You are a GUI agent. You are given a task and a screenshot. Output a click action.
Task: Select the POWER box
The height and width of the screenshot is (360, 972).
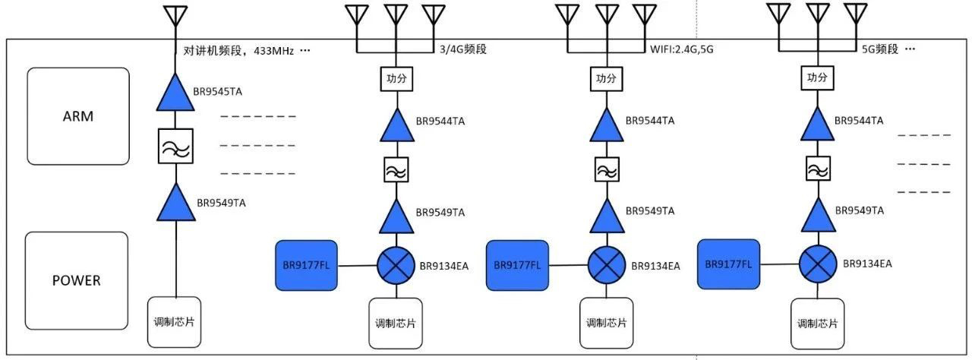76,280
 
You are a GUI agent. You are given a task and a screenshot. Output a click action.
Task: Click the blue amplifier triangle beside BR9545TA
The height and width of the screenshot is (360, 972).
175,92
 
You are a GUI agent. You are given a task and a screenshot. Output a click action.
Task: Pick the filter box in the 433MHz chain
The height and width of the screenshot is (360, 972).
175,145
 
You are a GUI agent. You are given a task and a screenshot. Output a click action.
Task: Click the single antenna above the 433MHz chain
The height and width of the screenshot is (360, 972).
175,17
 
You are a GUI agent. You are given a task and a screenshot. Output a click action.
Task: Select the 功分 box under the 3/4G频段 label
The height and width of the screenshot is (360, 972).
395,78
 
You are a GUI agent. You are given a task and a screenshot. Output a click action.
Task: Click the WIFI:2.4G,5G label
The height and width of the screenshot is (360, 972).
681,49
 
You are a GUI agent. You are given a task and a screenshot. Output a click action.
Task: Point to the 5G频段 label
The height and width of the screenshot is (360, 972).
880,49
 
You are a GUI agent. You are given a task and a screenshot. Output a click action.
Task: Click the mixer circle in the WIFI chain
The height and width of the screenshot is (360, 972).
605,265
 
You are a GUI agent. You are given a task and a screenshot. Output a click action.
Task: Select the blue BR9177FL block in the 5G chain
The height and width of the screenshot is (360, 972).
728,264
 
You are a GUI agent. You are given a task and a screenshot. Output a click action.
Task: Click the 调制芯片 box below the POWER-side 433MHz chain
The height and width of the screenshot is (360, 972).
174,321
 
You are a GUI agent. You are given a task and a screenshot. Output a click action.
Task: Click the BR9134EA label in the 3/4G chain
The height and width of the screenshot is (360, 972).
444,266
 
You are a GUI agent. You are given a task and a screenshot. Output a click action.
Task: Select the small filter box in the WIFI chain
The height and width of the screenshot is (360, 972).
605,169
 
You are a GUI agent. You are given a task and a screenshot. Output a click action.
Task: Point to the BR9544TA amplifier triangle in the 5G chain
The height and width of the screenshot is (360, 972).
817,125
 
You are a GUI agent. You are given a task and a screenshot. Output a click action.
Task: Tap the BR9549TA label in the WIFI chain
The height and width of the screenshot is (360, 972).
651,212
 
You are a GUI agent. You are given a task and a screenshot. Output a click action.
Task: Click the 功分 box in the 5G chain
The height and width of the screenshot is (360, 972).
817,78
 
